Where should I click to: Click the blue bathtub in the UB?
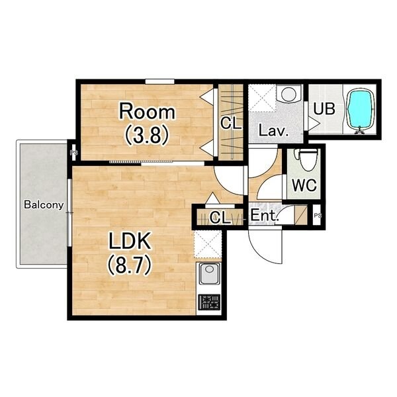pos(361,110)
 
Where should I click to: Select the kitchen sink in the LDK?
pos(209,273)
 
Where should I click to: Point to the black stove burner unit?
pos(209,302)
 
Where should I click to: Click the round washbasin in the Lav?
pos(288,94)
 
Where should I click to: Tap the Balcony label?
pos(44,204)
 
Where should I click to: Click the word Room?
pos(147,111)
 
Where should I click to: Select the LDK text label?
pos(130,241)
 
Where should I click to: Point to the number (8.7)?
pos(130,265)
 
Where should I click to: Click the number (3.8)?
pos(147,135)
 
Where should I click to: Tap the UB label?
pos(324,109)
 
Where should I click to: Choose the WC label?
pos(304,185)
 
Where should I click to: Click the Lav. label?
pos(273,131)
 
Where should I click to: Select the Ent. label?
pos(264,216)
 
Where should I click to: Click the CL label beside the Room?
pos(231,123)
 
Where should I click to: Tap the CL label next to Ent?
pos(220,217)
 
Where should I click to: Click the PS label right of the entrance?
pos(318,216)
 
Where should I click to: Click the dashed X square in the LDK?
pos(208,244)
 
